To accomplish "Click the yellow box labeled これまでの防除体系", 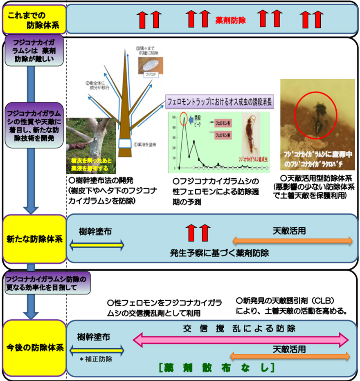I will (34, 19).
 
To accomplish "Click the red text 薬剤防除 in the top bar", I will (231, 20).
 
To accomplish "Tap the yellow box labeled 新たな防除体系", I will (34, 239).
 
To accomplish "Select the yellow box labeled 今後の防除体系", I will (34, 348).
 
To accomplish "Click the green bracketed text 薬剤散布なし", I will (216, 367).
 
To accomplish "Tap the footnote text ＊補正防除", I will (96, 360).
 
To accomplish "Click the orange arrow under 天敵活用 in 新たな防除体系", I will (292, 240).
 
